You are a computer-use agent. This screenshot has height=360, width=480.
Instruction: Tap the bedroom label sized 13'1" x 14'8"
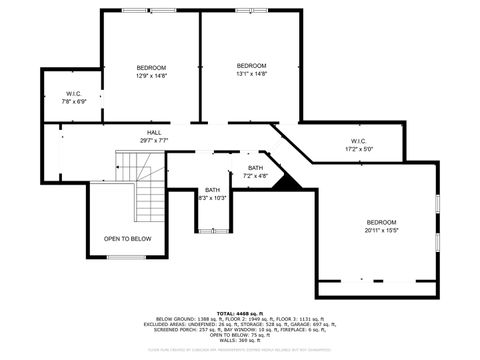(251, 68)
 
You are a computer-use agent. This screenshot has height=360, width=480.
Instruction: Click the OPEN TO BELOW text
(127, 239)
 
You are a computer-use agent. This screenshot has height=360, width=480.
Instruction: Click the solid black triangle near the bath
(287, 182)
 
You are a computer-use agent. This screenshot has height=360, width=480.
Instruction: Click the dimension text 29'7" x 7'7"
(154, 140)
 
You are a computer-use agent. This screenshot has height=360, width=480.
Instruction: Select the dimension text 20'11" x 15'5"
(381, 230)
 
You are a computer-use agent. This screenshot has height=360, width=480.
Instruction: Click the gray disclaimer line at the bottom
(239, 350)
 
